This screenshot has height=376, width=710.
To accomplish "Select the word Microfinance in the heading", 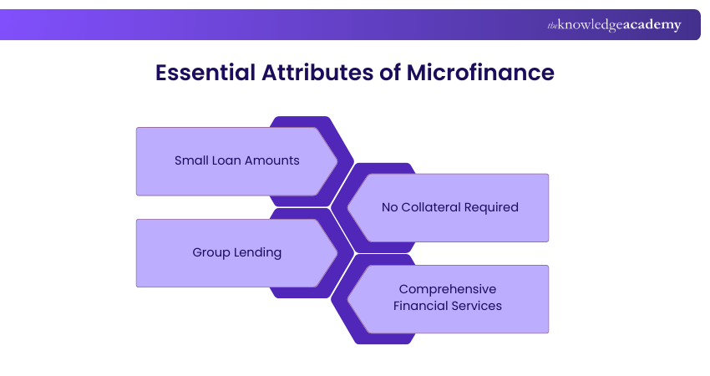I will click(480, 73).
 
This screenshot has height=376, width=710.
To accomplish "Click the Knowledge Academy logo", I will click(614, 25).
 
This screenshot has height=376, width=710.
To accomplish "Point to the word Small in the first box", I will click(191, 160).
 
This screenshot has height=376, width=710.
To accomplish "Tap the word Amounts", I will click(272, 160).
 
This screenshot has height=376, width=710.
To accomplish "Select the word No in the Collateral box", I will click(390, 207).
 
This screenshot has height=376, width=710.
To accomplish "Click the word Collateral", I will click(430, 207).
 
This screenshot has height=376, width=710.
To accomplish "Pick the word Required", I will click(490, 207).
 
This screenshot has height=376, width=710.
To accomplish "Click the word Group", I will click(212, 252).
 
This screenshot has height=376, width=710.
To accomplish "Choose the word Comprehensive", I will click(448, 289).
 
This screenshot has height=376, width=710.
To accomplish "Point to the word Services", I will click(477, 306).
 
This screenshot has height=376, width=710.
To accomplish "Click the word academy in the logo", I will click(651, 25).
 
